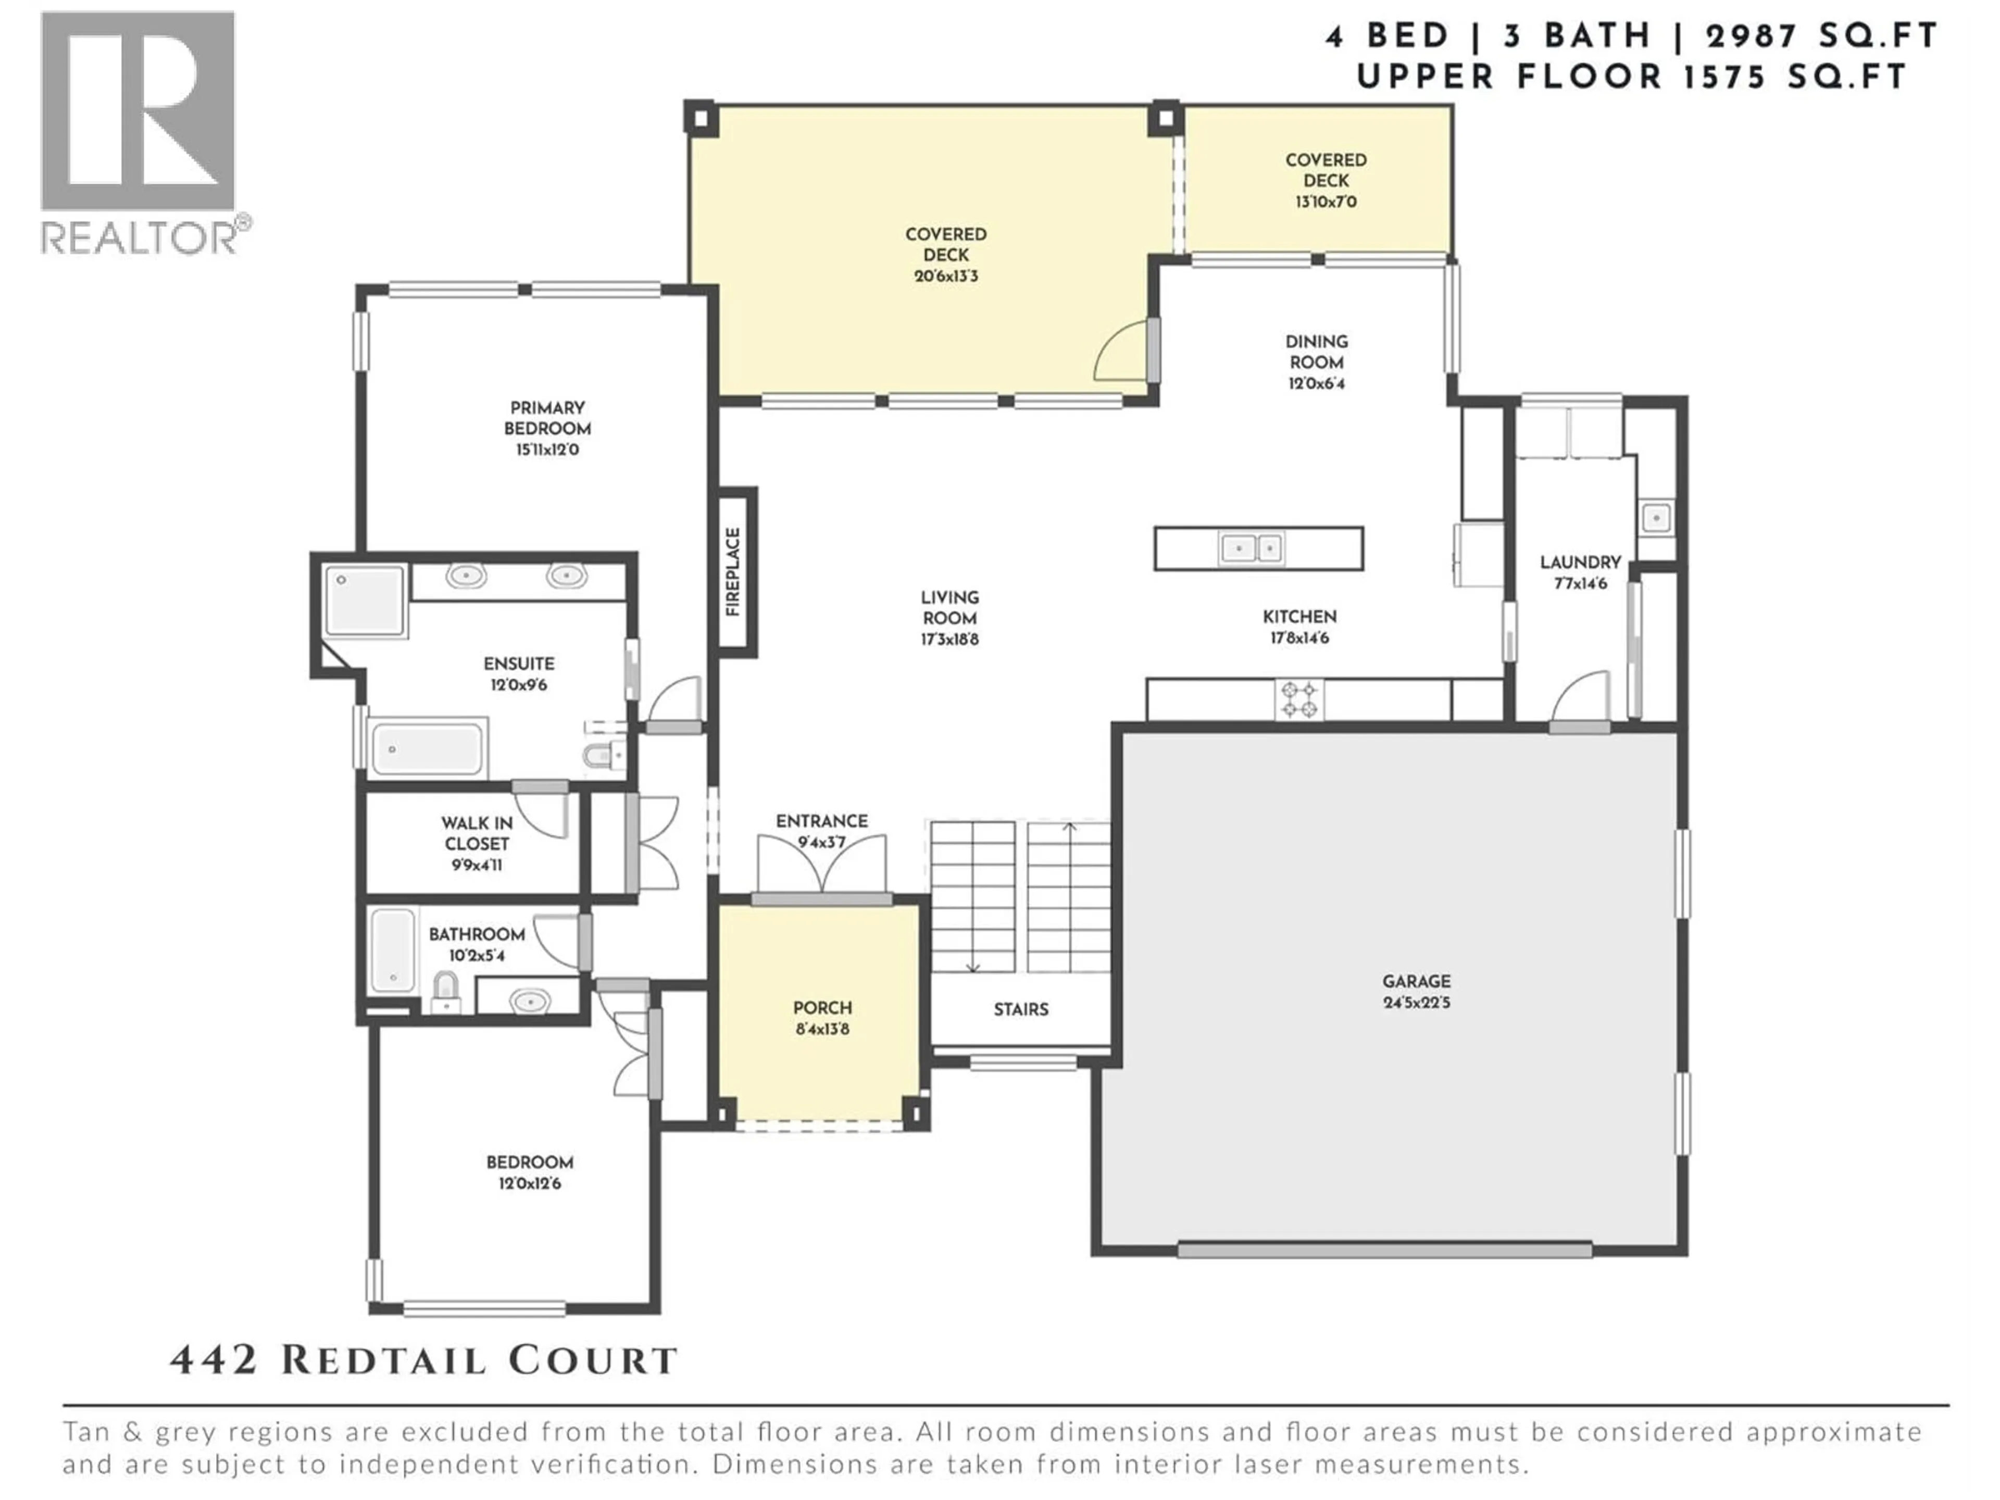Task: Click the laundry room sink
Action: click(1656, 519)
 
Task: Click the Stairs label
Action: click(1021, 1009)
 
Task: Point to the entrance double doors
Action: click(821, 866)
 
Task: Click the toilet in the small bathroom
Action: click(445, 991)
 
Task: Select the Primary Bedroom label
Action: click(547, 418)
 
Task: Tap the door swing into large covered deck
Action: click(1121, 353)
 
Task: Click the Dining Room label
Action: click(1317, 351)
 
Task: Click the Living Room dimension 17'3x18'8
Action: click(949, 639)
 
